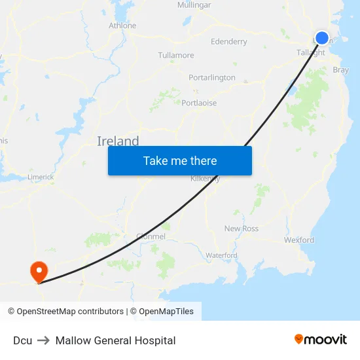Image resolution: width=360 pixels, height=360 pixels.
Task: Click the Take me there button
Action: click(180, 160)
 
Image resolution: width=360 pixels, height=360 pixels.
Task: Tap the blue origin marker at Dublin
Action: click(322, 38)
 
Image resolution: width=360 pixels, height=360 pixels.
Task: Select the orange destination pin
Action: click(39, 271)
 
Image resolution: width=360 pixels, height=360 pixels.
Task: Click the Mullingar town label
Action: click(194, 5)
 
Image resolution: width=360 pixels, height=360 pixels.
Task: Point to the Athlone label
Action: click(122, 26)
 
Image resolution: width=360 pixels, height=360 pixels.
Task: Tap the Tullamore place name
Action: click(176, 55)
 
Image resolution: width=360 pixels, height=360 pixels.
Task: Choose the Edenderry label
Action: click(229, 41)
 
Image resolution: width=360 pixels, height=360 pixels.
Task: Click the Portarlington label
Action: click(212, 77)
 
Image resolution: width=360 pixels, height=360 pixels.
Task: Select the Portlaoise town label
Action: click(199, 103)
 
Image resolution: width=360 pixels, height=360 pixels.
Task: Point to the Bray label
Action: click(340, 69)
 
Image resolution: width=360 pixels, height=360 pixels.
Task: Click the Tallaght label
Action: click(310, 52)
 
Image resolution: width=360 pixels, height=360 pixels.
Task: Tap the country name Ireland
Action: click(118, 141)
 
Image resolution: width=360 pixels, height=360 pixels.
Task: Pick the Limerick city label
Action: click(41, 177)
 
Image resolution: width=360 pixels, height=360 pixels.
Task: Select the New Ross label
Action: click(242, 228)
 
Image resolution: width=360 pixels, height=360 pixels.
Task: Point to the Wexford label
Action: click(299, 240)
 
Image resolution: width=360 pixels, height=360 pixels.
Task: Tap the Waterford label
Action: click(221, 255)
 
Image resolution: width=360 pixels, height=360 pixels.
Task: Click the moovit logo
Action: click(321, 340)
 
